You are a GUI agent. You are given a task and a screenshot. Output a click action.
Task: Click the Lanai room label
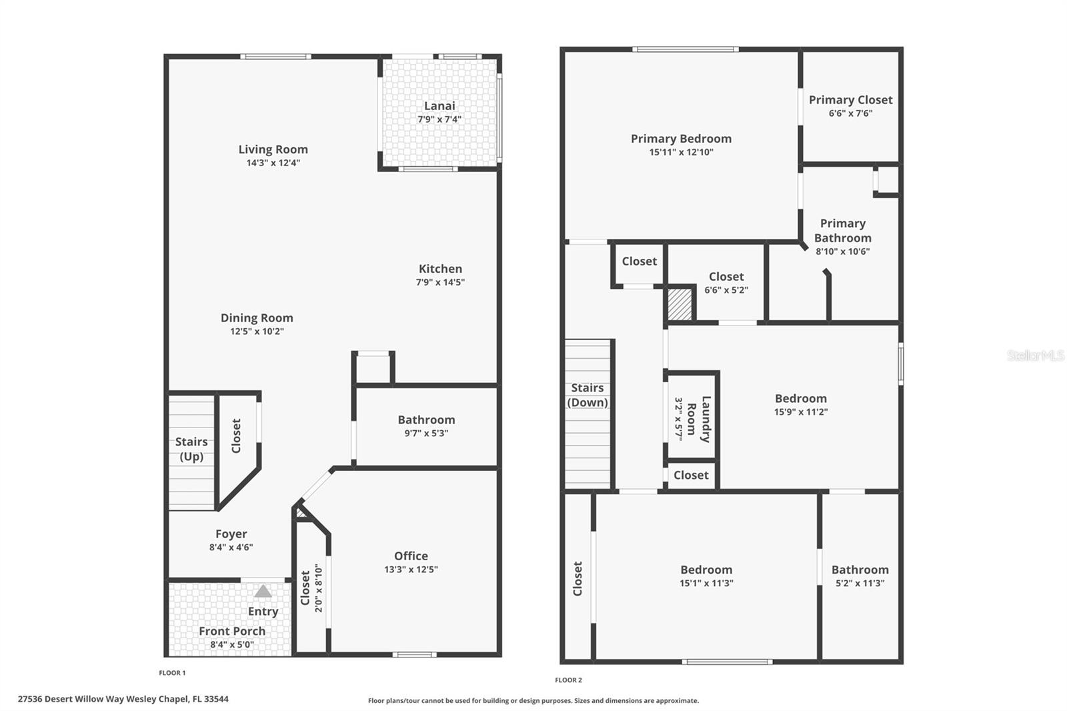(439, 106)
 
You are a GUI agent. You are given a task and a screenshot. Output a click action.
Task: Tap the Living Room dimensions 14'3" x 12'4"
(273, 163)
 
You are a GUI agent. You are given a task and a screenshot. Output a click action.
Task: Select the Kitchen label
(440, 269)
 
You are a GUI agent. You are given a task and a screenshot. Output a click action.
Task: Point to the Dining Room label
(257, 318)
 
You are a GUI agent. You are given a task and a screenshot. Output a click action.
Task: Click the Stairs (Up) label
(191, 449)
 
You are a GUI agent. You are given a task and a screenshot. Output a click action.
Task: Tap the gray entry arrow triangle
(263, 591)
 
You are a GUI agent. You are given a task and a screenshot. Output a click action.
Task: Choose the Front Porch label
(232, 631)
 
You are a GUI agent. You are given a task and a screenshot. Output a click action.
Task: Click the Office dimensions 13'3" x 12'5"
(411, 570)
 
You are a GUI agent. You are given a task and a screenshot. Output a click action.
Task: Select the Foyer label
(231, 534)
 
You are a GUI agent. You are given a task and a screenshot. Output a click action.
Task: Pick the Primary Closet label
(850, 100)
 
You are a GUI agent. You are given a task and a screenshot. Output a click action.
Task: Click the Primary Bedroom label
(681, 139)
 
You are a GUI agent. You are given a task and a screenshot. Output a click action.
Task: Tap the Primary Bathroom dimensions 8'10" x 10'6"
(843, 251)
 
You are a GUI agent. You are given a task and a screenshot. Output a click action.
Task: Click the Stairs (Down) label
(588, 395)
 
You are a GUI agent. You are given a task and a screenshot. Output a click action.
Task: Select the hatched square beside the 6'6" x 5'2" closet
(680, 303)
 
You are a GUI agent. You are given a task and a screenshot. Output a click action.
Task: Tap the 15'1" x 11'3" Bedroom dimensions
(706, 583)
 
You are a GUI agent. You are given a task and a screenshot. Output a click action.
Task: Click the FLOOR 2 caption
(568, 680)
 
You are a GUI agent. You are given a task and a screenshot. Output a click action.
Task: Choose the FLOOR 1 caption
(172, 673)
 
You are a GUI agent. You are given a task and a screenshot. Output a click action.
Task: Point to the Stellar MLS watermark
(1035, 355)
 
